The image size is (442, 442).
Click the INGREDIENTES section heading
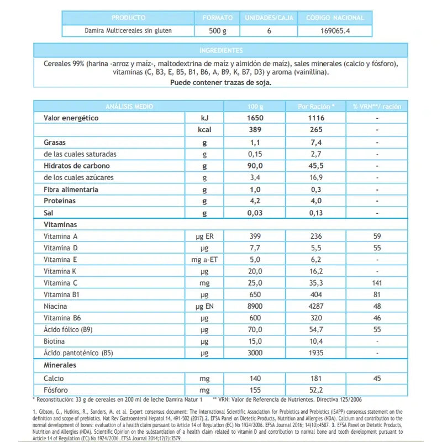point(220,51)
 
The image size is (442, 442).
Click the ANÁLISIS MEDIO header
point(129,106)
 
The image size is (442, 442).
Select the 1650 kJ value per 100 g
point(256,118)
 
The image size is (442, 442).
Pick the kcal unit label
point(205,130)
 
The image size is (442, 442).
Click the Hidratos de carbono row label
point(77,166)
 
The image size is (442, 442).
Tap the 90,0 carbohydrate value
point(256,166)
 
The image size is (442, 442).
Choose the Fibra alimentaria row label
point(71,190)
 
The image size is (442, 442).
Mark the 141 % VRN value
point(377,283)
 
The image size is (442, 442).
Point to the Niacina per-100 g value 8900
point(256,306)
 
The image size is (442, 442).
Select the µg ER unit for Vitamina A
point(205,236)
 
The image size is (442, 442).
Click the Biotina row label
point(55,341)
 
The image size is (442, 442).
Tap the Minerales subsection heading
point(60,365)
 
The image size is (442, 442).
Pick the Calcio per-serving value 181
point(314,378)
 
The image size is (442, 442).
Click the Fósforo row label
point(56,390)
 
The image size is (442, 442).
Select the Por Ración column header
point(314,106)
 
